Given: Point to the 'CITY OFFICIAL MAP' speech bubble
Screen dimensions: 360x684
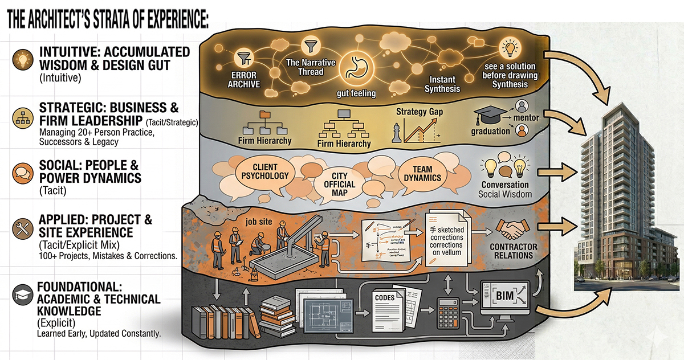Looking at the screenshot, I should (343, 185).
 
